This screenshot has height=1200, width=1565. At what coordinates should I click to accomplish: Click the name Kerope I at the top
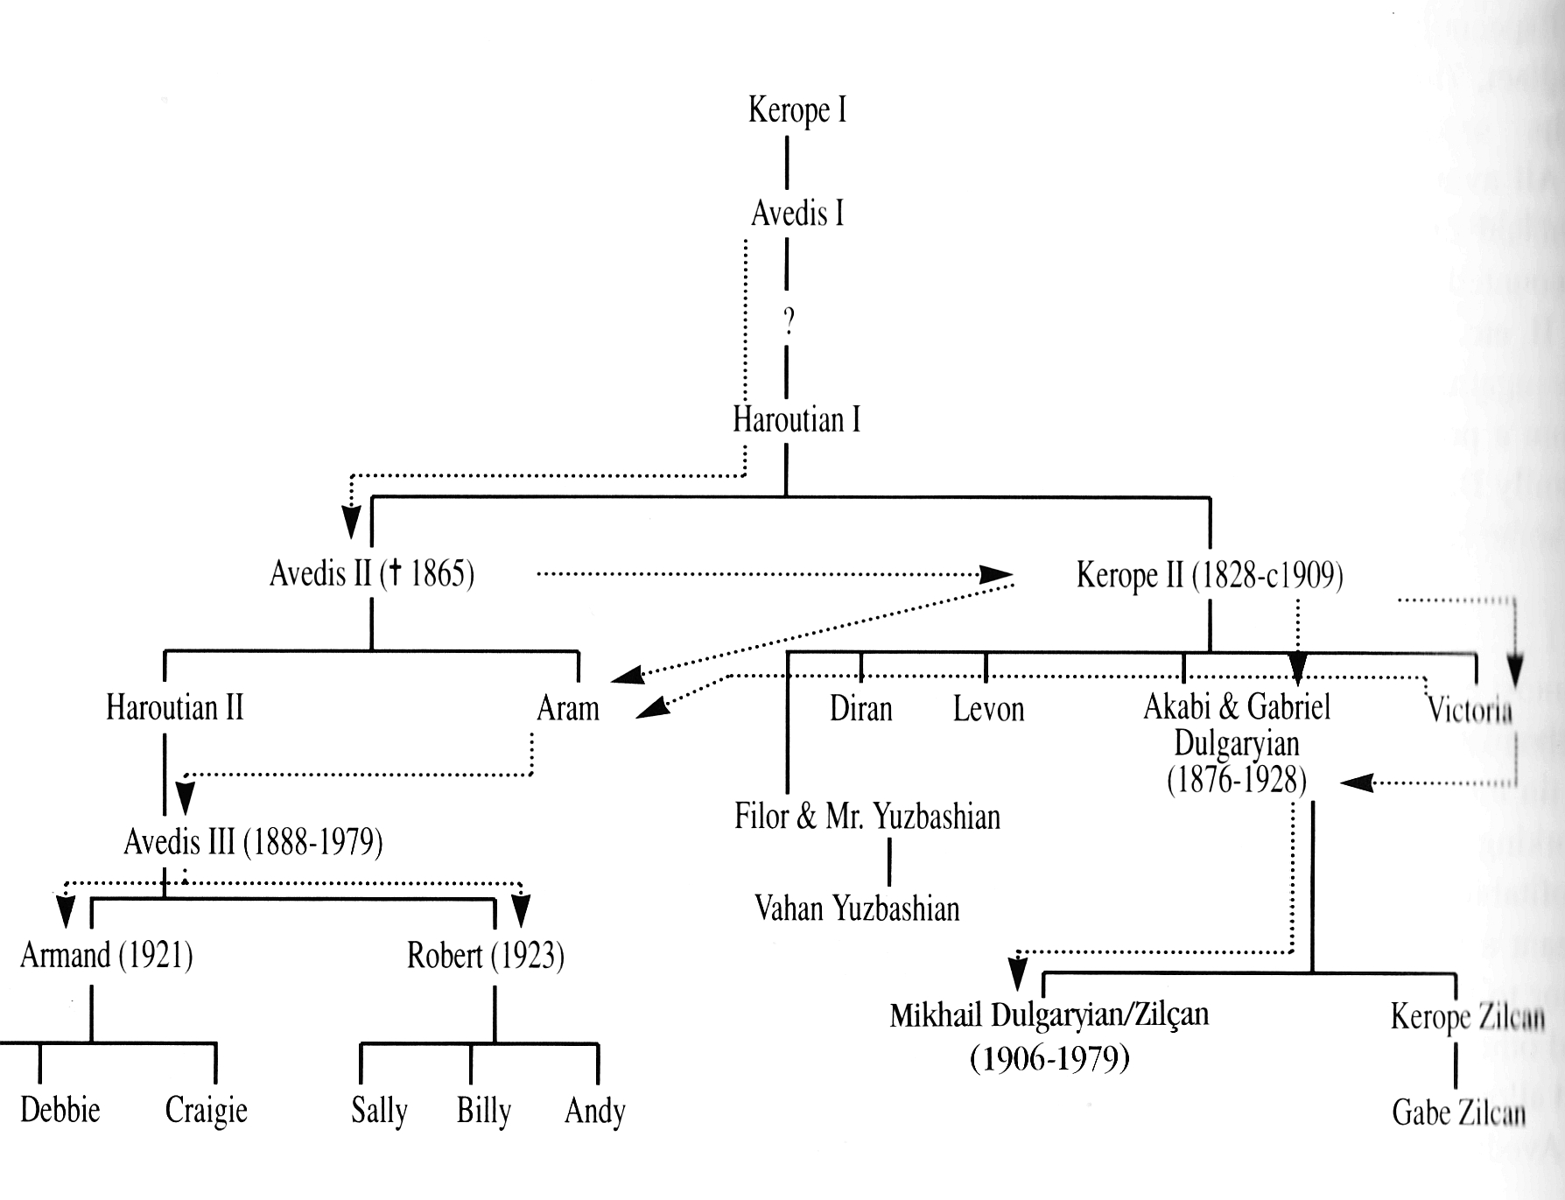point(797,110)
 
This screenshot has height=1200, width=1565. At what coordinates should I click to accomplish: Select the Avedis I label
point(797,213)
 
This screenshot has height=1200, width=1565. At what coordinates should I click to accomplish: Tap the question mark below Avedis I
point(788,322)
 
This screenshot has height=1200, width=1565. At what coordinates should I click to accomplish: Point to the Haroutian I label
point(797,419)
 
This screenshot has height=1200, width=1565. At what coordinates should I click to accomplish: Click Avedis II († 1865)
point(372,574)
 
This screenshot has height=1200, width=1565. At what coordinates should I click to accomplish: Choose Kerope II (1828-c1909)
point(1210,576)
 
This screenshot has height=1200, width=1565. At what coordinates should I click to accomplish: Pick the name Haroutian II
point(174,707)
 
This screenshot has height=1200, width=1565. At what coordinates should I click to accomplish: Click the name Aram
point(568,708)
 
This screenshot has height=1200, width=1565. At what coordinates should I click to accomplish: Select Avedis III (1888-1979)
point(253,842)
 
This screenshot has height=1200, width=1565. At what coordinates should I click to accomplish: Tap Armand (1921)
point(107,955)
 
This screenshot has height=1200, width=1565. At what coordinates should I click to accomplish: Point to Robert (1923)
point(486,955)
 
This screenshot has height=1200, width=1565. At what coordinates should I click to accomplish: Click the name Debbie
point(60,1110)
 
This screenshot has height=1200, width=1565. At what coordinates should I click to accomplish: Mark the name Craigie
point(207,1111)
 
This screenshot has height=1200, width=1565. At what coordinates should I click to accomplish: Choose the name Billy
point(483,1111)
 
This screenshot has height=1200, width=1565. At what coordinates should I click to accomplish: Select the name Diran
point(861,708)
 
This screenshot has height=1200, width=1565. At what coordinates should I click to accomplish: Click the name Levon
point(988,708)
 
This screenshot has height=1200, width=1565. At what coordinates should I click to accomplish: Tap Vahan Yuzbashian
point(857,909)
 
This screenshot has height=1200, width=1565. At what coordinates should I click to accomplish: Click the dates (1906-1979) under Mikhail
point(1049,1059)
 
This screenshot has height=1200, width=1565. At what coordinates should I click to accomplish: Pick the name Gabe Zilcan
point(1458,1112)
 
